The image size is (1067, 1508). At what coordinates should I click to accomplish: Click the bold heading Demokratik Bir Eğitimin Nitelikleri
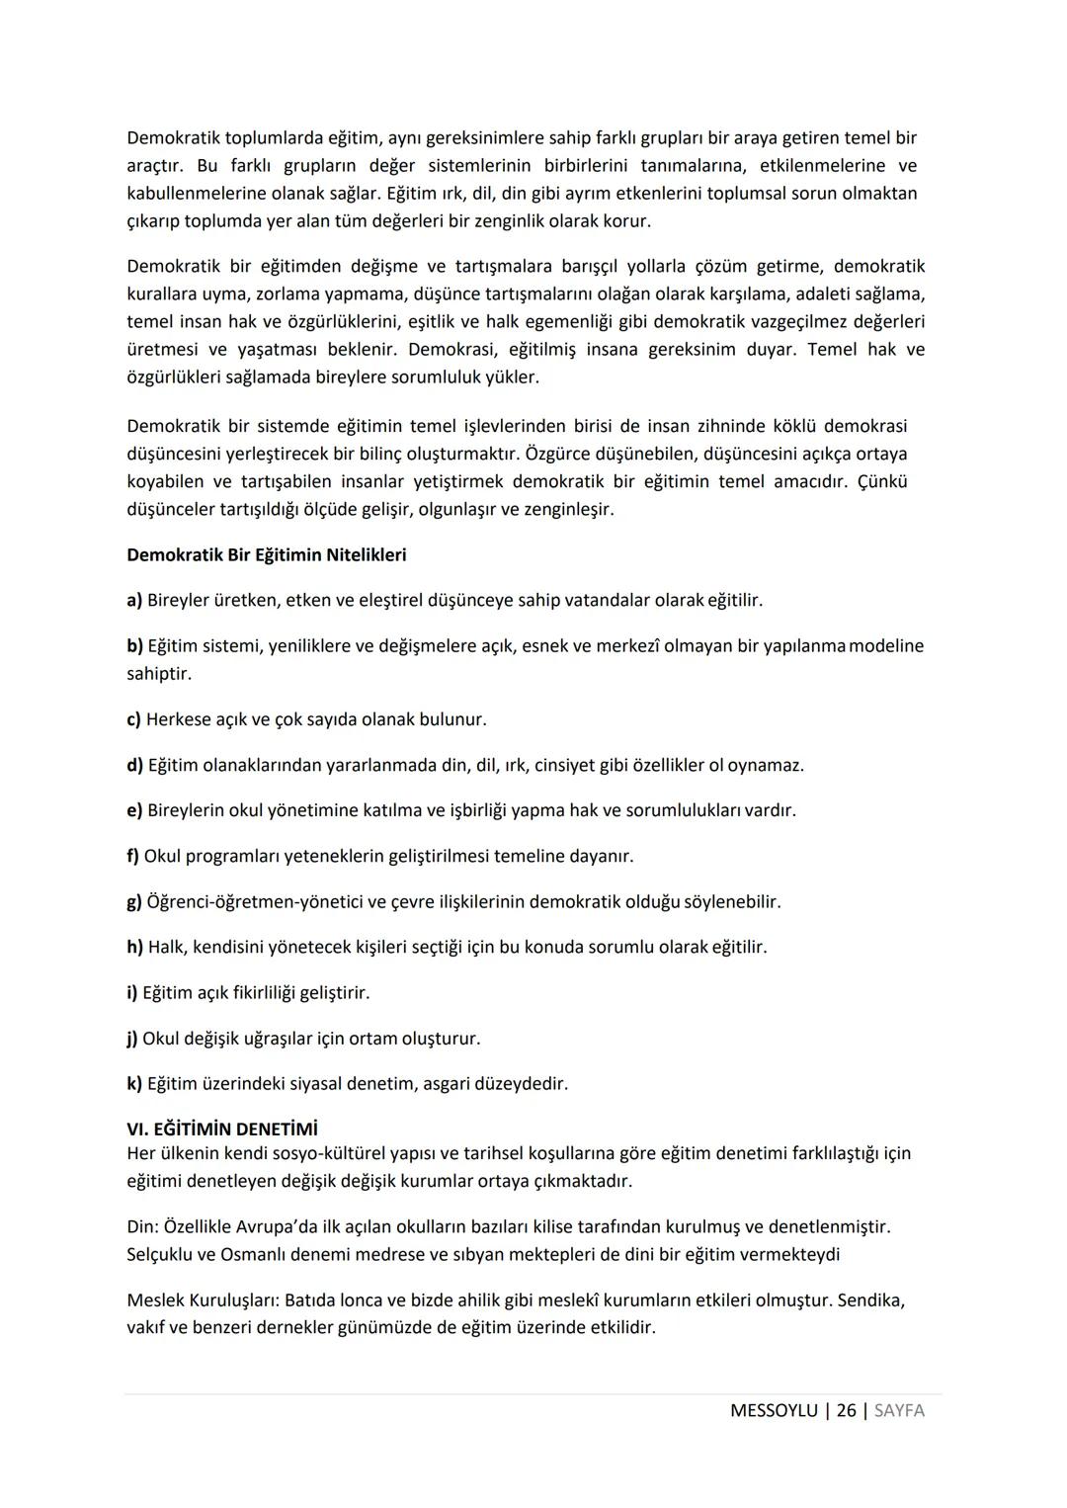266,555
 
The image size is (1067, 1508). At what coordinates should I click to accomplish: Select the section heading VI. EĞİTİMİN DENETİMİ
222,1129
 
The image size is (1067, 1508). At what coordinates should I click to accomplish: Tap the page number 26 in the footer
846,1410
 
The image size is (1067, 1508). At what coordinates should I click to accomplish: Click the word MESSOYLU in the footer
774,1410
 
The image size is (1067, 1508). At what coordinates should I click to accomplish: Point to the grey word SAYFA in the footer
899,1410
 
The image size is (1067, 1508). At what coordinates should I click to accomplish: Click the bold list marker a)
134,601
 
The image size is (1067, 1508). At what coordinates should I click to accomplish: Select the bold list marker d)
134,765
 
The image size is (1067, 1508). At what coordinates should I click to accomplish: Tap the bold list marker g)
134,902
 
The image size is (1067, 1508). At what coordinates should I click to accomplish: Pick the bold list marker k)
134,1084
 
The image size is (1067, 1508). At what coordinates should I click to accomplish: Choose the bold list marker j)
132,1039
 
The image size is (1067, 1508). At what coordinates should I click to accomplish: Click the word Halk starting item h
167,947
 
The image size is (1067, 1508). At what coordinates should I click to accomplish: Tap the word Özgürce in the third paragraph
559,455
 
